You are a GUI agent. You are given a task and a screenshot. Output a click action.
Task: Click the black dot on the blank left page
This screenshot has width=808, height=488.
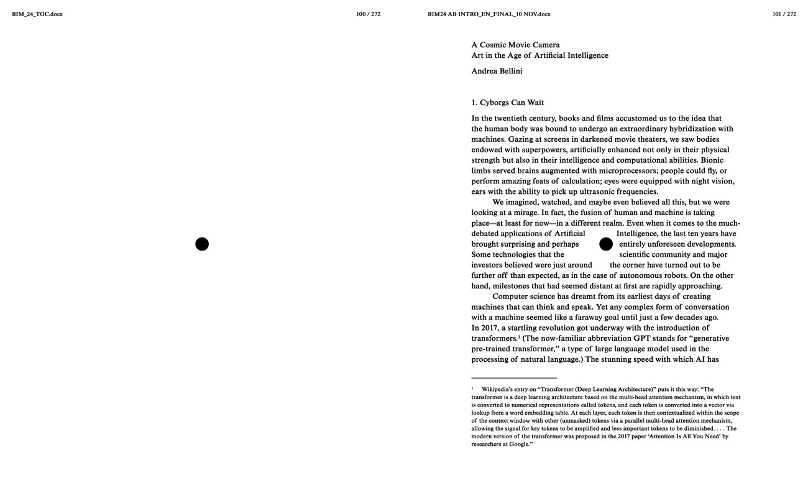[x=202, y=244]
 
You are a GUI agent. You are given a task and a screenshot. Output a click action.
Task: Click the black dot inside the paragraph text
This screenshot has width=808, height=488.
[x=606, y=244]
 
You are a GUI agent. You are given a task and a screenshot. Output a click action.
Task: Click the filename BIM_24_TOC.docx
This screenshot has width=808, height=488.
[x=37, y=14]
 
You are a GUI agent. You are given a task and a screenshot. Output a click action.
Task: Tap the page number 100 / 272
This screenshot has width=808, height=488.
[x=368, y=14]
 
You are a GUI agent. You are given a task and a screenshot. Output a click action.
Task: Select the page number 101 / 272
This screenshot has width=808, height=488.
[x=784, y=14]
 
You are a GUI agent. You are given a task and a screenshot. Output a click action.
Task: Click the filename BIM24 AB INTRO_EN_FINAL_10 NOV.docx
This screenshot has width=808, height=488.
[x=489, y=14]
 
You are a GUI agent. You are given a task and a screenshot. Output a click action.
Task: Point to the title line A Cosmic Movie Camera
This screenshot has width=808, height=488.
[x=515, y=45]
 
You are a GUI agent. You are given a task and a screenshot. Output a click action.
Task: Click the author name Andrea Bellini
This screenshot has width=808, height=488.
[x=497, y=71]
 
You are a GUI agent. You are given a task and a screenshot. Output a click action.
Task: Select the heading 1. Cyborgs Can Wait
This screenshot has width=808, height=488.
[x=507, y=103]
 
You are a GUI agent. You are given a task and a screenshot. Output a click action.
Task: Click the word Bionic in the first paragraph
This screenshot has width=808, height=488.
[x=712, y=160]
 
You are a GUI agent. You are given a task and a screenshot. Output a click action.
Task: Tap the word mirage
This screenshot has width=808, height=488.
[x=525, y=213]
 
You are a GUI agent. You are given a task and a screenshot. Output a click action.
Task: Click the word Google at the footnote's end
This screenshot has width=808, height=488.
[x=519, y=444]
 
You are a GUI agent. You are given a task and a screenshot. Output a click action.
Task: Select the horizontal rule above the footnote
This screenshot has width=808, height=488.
[x=513, y=378]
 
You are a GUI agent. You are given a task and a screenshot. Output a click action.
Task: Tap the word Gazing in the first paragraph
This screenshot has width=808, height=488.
[x=520, y=139]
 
